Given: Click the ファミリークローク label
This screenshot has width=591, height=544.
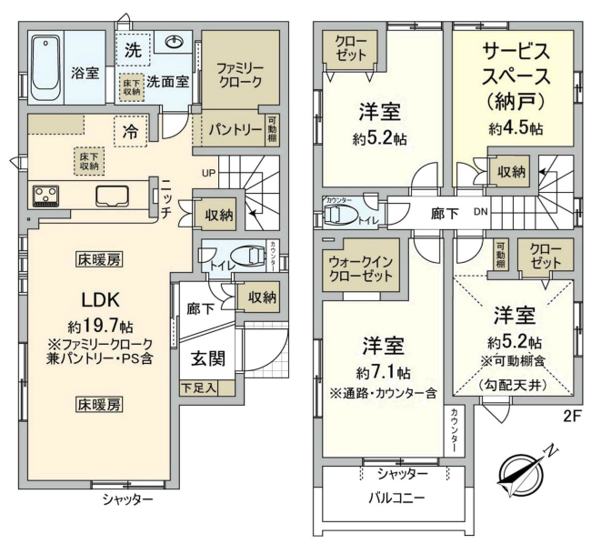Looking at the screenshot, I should tap(239, 74).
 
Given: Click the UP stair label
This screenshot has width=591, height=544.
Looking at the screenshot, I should tap(208, 172).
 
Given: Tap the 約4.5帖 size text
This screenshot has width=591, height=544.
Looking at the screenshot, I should tap(515, 128).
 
